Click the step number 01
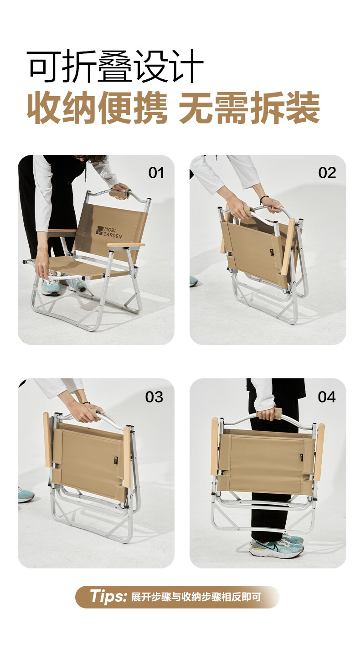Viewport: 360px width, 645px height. tap(156, 173)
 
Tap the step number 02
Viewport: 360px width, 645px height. tap(327, 173)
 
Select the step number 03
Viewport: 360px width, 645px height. tap(154, 397)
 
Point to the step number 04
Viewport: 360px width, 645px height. tap(327, 397)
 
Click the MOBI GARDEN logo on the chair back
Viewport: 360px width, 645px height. tap(109, 232)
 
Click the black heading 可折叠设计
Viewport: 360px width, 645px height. tap(115, 66)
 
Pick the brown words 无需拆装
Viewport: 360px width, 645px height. tap(250, 108)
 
